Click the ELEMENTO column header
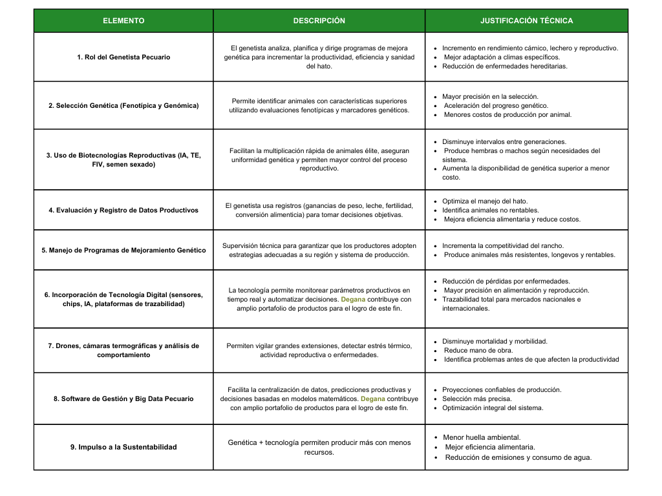123,21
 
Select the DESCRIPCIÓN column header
319,21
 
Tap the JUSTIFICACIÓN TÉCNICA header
526,21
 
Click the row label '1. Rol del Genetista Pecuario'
123,57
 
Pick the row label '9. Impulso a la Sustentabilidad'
123,447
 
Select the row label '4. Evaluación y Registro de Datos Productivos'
123,210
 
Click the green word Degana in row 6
353,300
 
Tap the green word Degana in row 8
374,398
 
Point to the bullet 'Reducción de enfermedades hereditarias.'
504,66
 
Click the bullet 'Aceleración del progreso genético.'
496,105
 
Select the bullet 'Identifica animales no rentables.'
490,210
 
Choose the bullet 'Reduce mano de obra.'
475,350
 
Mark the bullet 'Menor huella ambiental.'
482,437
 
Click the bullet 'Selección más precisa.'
476,398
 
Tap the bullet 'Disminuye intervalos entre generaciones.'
504,141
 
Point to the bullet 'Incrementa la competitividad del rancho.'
503,245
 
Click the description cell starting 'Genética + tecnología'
319,447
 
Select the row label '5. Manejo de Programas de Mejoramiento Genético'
123,250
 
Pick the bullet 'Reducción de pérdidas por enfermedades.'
506,281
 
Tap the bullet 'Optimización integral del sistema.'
493,408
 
